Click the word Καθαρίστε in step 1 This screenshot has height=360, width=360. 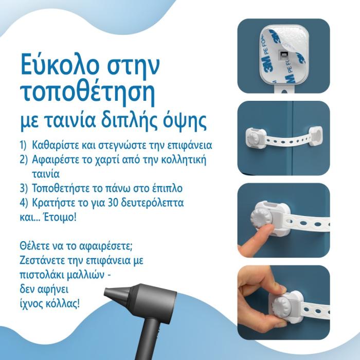[56, 146]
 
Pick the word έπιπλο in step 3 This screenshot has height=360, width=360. [167, 189]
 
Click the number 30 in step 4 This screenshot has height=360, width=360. [111, 203]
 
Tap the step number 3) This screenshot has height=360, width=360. [24, 189]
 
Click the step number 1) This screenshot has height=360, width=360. [24, 146]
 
